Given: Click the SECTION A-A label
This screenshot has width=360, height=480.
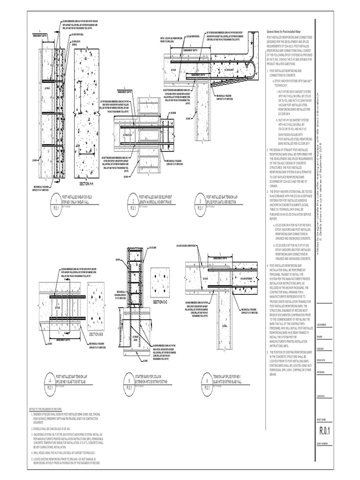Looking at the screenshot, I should (x=88, y=184).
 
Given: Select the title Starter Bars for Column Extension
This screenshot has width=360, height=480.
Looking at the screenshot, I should (x=152, y=379).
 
